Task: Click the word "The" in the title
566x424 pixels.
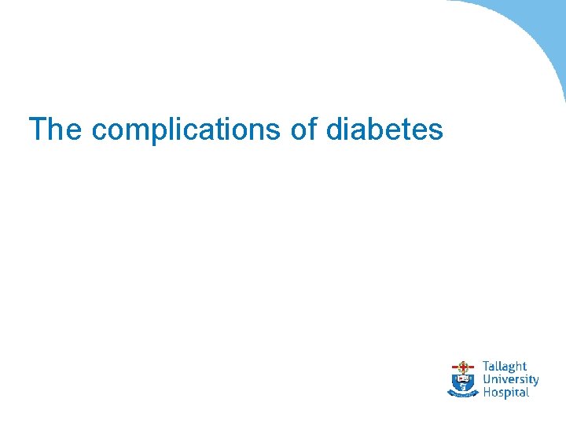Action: click(55, 130)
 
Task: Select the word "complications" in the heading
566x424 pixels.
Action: click(186, 130)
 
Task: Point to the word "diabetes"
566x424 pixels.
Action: click(384, 130)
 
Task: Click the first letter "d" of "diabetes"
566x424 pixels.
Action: click(335, 130)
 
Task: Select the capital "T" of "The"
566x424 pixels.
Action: click(37, 130)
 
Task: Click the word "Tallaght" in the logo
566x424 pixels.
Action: click(504, 367)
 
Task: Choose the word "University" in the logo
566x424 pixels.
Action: click(510, 379)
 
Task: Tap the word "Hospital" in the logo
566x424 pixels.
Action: click(505, 392)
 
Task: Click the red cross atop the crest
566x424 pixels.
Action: click(463, 366)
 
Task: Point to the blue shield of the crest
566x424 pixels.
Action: click(463, 381)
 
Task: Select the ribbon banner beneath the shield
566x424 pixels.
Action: click(463, 393)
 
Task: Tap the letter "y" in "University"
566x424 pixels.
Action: click(535, 382)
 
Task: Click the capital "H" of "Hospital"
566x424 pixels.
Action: click(487, 392)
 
